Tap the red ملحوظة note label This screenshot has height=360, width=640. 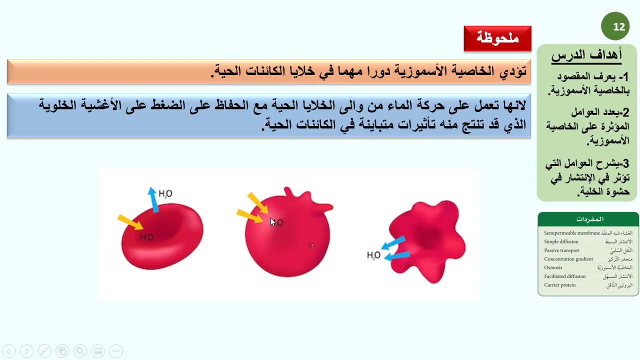point(497,38)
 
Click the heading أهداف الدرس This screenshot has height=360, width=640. point(586,55)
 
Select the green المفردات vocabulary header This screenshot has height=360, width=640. point(588,219)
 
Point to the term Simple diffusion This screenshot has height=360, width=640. point(561,241)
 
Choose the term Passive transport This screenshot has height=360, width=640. point(561,250)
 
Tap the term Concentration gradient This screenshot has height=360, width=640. point(568,259)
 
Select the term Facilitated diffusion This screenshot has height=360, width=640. point(564,276)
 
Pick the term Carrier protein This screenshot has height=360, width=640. point(559,285)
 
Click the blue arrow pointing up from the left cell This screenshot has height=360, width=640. point(153,199)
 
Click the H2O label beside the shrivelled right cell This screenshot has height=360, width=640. point(373,255)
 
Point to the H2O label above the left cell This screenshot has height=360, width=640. point(165,193)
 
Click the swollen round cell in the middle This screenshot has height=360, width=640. point(288,235)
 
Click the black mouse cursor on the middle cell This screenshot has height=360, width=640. point(272,222)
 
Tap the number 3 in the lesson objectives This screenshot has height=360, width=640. point(625,163)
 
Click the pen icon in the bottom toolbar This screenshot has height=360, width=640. point(44,351)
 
